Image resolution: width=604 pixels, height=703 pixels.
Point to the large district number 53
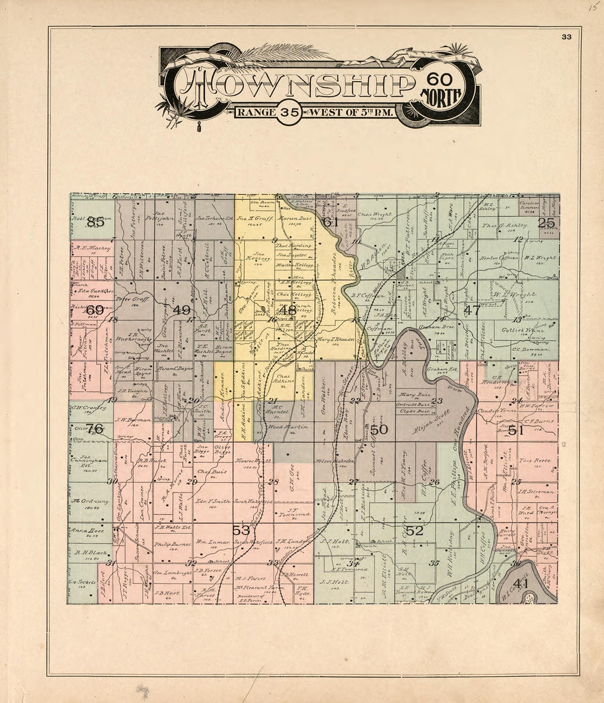241,530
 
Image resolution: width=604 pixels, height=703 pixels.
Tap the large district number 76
95,429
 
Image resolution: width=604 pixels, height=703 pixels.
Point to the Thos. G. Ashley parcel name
506,226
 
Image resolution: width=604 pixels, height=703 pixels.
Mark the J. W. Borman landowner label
130,420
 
